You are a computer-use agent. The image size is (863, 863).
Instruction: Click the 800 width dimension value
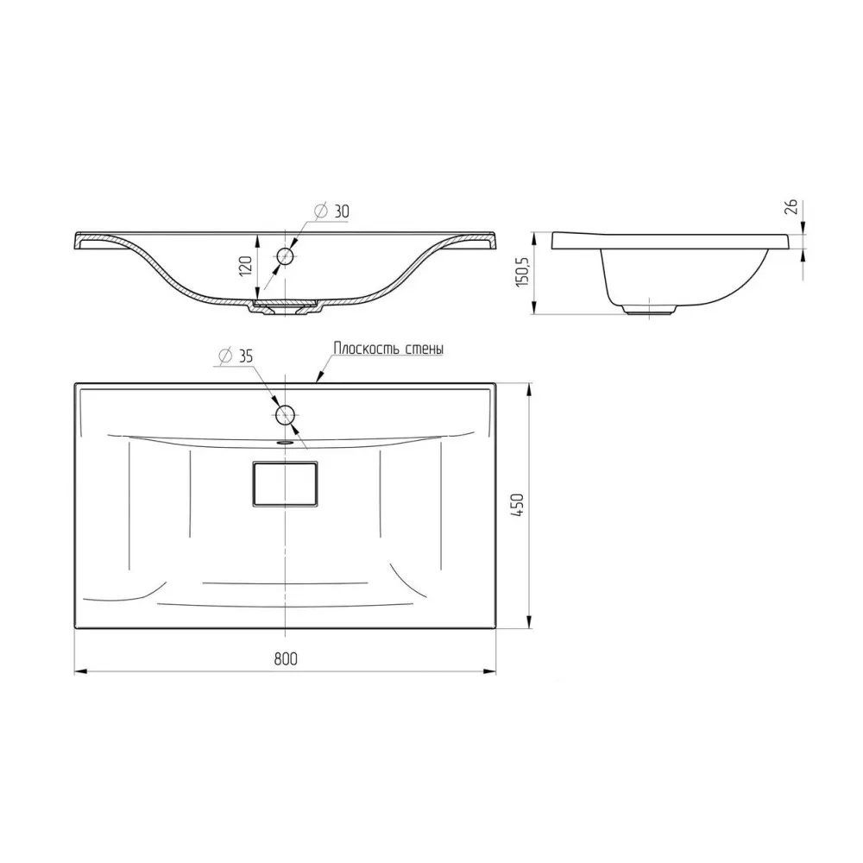click(286, 658)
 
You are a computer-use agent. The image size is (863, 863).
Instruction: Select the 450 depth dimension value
click(517, 505)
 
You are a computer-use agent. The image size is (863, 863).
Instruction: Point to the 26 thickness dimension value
click(791, 207)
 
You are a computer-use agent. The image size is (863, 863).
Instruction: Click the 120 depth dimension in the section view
click(245, 266)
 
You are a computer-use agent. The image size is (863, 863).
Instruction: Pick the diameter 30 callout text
click(331, 211)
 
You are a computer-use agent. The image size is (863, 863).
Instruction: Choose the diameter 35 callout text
click(236, 356)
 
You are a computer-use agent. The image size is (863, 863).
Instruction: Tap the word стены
click(425, 349)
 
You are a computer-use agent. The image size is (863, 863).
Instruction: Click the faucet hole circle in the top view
click(286, 415)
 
